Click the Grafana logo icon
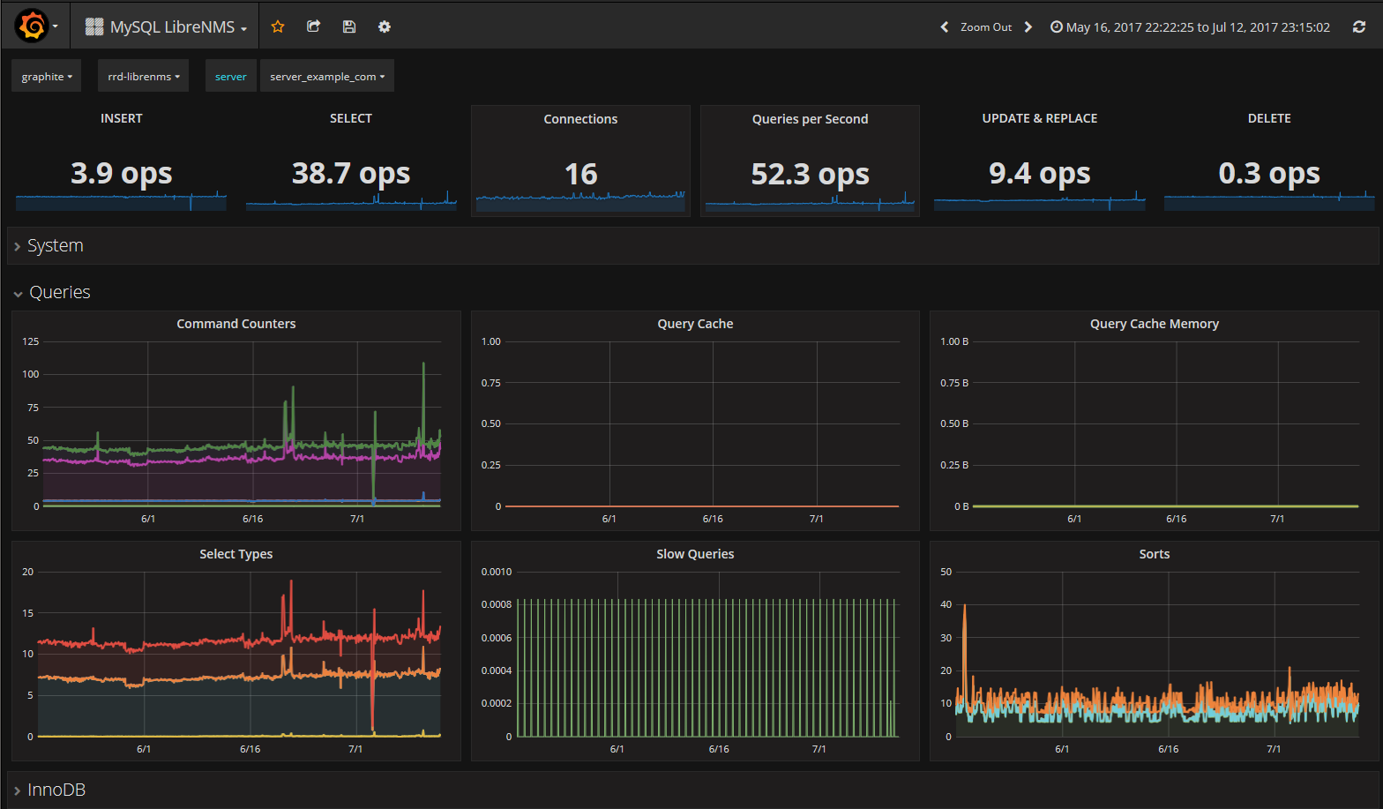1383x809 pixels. pos(32,26)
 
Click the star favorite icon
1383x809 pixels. pos(278,26)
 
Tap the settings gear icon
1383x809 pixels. pos(384,26)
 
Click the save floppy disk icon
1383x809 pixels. pos(349,26)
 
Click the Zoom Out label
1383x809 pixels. pos(986,27)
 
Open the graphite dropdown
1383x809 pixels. pos(46,76)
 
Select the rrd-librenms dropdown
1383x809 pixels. pos(143,76)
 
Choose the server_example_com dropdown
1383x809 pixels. pos(327,76)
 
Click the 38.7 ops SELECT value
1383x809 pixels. pos(351,173)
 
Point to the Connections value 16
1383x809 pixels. pos(580,174)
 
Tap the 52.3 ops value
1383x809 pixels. pos(810,174)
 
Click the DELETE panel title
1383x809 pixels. pos(1268,118)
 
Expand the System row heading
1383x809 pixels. pos(55,246)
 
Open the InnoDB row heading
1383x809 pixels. pos(56,790)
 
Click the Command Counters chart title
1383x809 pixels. pos(235,324)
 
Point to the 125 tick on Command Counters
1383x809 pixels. pos(31,341)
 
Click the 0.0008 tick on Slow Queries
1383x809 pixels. pos(497,604)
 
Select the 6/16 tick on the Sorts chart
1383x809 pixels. pos(1168,749)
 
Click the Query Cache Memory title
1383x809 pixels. pos(1154,324)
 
